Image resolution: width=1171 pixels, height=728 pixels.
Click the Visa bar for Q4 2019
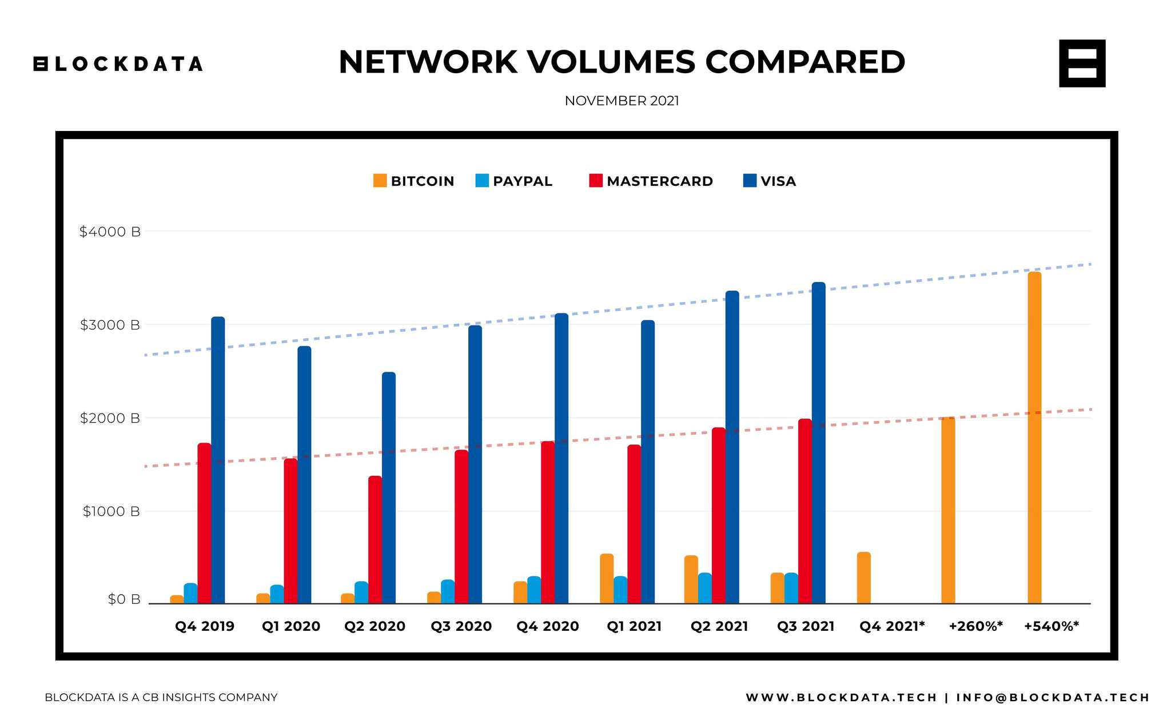click(218, 460)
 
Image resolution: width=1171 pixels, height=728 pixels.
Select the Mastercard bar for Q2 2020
click(375, 540)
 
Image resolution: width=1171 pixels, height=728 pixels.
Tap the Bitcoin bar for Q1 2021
click(607, 579)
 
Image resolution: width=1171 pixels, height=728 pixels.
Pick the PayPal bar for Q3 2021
click(791, 588)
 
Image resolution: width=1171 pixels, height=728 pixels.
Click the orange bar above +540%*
click(1034, 437)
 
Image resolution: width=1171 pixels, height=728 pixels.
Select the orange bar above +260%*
click(948, 510)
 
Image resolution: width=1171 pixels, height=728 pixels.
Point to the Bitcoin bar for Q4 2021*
click(863, 578)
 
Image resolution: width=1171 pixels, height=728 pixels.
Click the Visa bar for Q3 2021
click(818, 443)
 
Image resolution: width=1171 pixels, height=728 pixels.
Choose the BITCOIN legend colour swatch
click(380, 181)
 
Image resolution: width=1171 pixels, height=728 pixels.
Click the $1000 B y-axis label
click(111, 511)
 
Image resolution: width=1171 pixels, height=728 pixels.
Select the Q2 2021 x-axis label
click(719, 626)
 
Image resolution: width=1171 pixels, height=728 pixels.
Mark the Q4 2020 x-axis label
click(547, 626)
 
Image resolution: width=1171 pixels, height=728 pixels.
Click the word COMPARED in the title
click(804, 62)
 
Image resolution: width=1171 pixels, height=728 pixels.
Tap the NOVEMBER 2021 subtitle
click(622, 101)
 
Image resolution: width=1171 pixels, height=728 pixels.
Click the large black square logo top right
click(1082, 63)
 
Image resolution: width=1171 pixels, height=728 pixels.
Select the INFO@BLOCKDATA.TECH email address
click(1053, 697)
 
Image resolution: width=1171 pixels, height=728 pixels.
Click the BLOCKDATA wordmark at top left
click(118, 64)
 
